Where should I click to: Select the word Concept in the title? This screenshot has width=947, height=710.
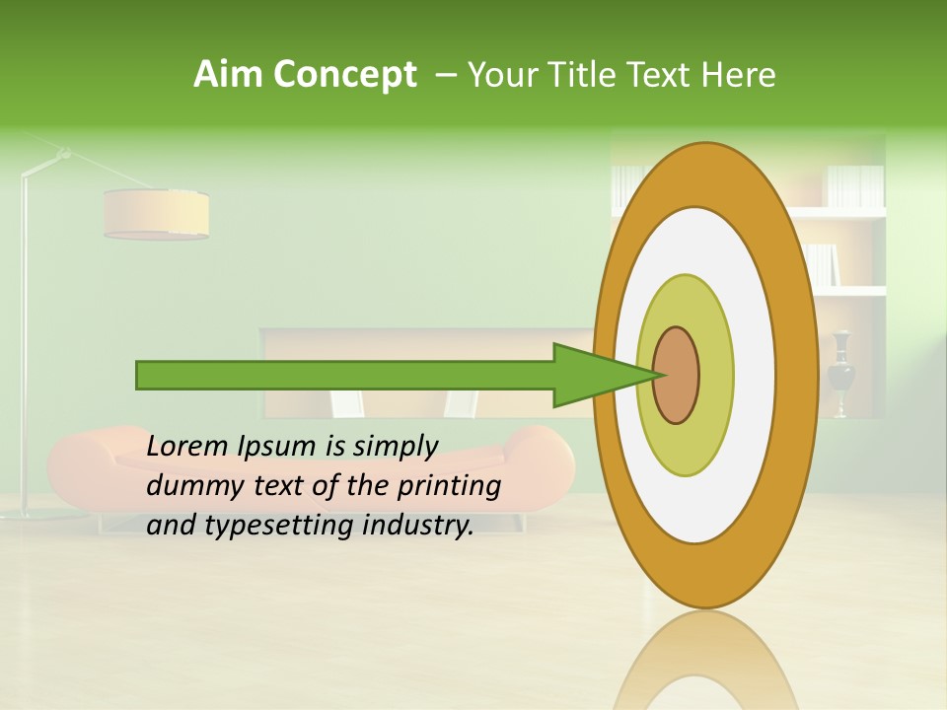pyautogui.click(x=344, y=75)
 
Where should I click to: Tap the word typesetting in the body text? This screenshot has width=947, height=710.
pyautogui.click(x=266, y=526)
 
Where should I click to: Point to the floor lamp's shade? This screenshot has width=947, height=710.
pyautogui.click(x=156, y=214)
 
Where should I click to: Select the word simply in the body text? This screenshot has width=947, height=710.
pyautogui.click(x=396, y=447)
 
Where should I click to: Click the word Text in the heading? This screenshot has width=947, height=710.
pyautogui.click(x=661, y=75)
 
